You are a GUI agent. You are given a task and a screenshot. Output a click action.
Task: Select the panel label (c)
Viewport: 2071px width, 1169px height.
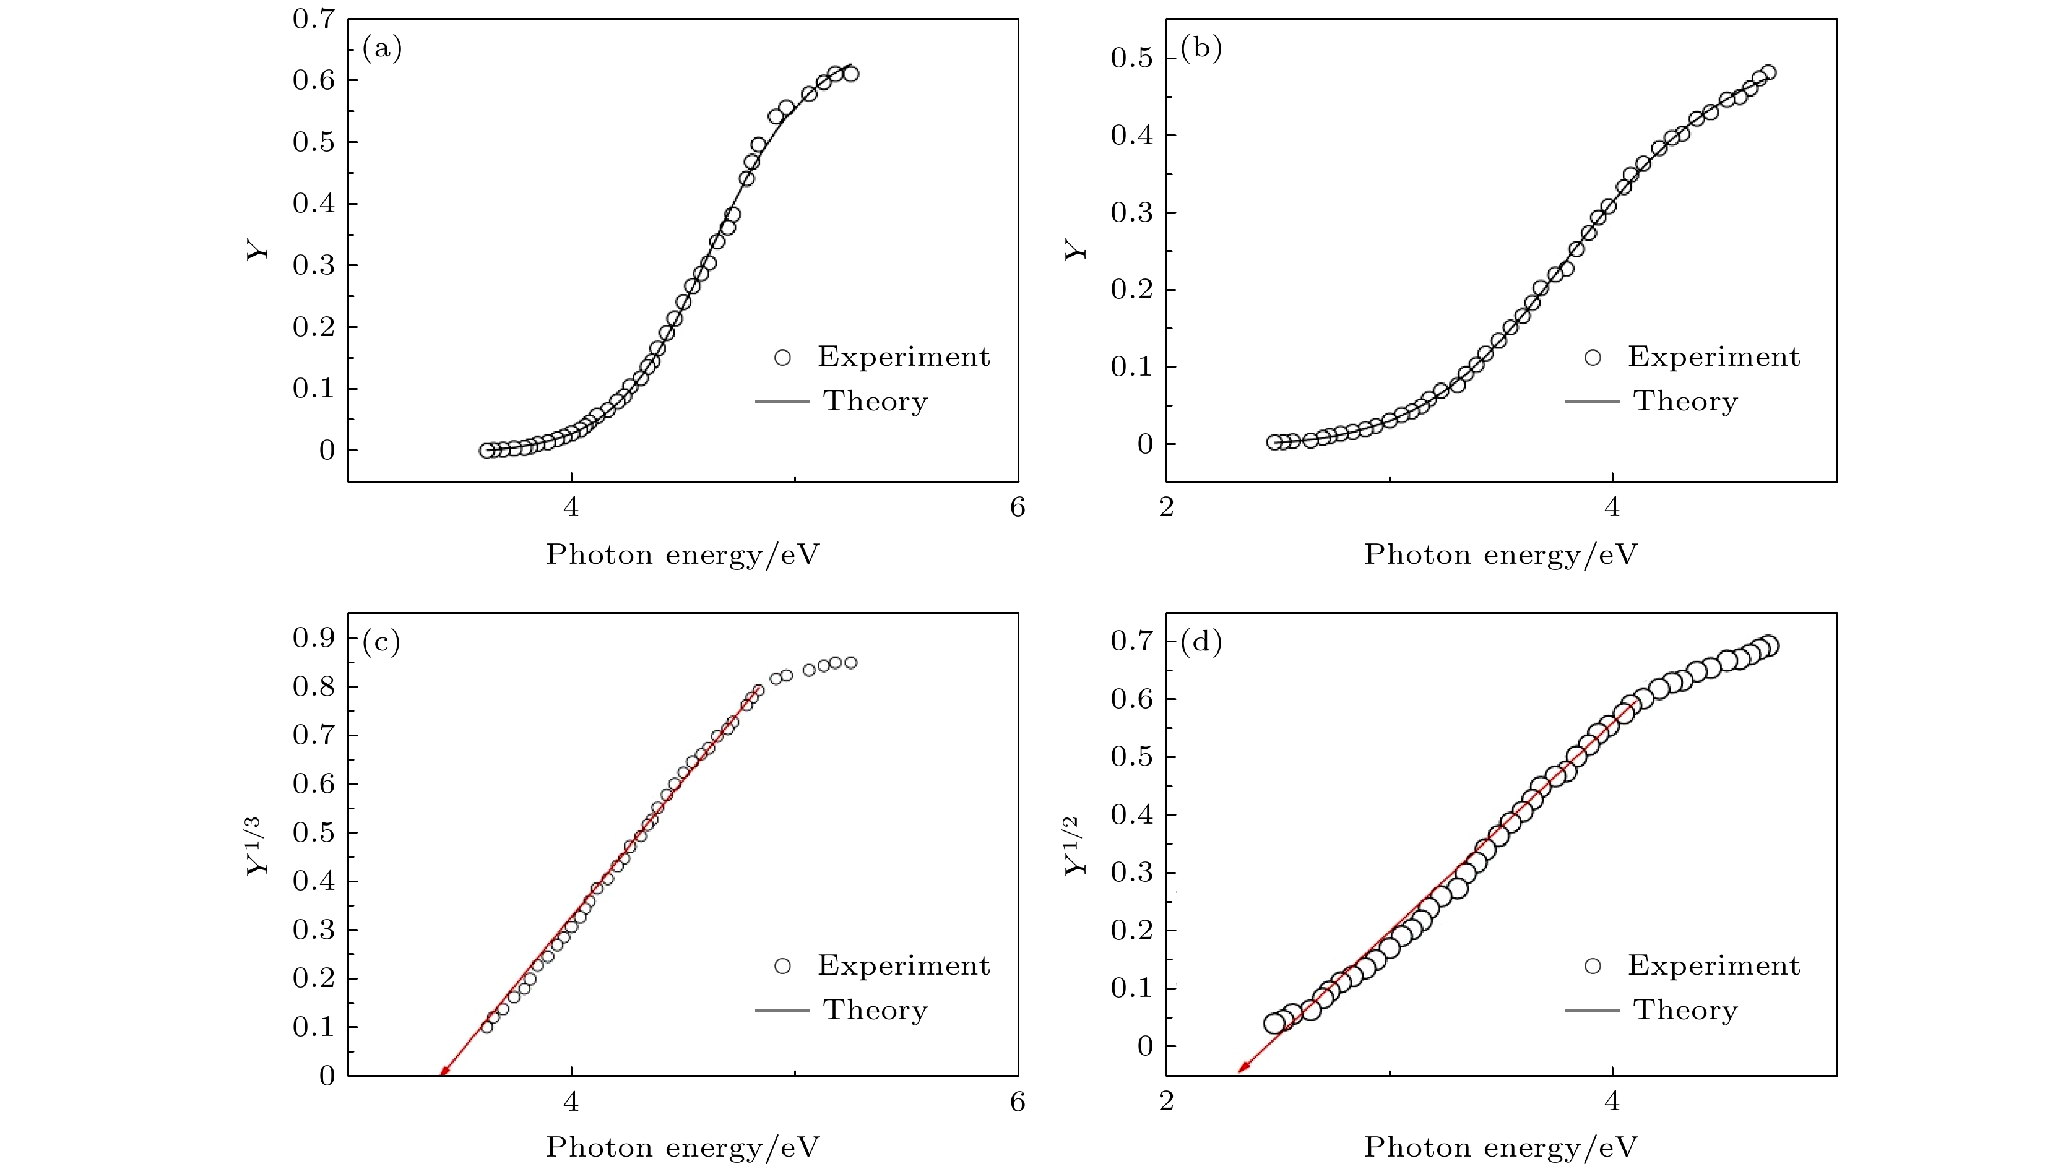382,642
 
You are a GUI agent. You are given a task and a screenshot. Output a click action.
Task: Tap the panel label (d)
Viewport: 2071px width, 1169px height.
1200,642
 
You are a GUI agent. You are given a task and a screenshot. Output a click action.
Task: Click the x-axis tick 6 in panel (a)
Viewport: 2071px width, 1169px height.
1017,507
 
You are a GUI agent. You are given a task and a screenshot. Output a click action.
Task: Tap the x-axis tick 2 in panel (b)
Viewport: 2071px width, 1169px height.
1167,507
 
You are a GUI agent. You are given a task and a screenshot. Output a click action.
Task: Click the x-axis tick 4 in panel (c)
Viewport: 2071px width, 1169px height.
571,1101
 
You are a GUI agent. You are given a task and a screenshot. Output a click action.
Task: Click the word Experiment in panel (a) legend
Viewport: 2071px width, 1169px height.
904,357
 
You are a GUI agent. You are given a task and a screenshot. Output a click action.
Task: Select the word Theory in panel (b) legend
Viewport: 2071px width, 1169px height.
1685,401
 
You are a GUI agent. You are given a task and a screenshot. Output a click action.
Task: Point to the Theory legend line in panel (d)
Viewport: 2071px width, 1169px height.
1592,1010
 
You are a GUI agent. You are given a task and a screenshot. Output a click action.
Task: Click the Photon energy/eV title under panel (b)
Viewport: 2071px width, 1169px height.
1500,554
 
